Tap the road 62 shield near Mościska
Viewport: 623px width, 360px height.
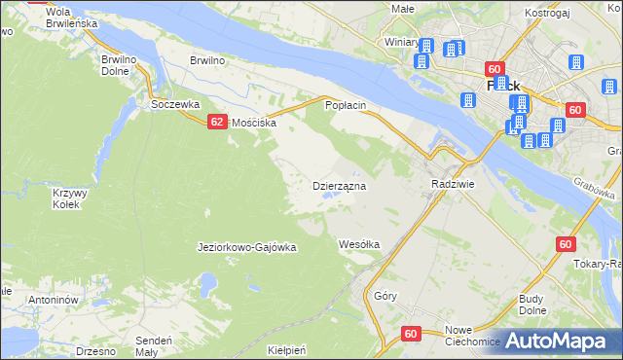click(x=217, y=122)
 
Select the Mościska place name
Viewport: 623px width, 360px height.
click(x=255, y=124)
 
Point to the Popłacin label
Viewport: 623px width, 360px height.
click(x=345, y=104)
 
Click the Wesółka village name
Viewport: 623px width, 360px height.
click(x=358, y=244)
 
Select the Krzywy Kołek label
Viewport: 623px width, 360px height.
click(x=70, y=198)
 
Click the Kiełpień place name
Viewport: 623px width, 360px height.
click(x=286, y=350)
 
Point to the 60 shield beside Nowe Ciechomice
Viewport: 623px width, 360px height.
click(x=410, y=334)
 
